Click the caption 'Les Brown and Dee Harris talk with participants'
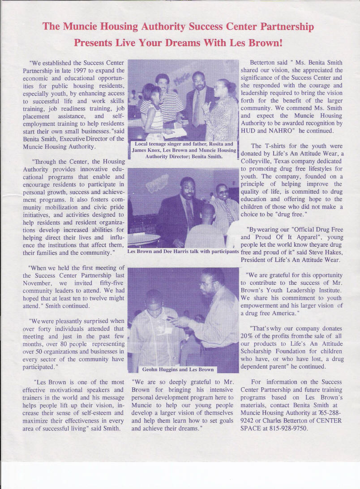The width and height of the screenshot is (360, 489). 183,251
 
